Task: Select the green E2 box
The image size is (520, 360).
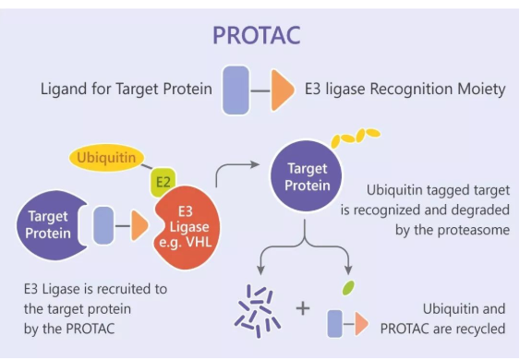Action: (x=163, y=182)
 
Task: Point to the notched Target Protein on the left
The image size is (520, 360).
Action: (x=46, y=226)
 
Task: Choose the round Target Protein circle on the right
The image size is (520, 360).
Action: (x=308, y=176)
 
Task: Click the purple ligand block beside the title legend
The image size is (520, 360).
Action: (x=236, y=90)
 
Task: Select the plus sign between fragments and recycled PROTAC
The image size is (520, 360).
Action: (x=302, y=307)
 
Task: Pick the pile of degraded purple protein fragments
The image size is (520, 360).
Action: (x=254, y=306)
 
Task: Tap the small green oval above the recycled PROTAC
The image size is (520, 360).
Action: (x=348, y=288)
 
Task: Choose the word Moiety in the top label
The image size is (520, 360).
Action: (x=480, y=90)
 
